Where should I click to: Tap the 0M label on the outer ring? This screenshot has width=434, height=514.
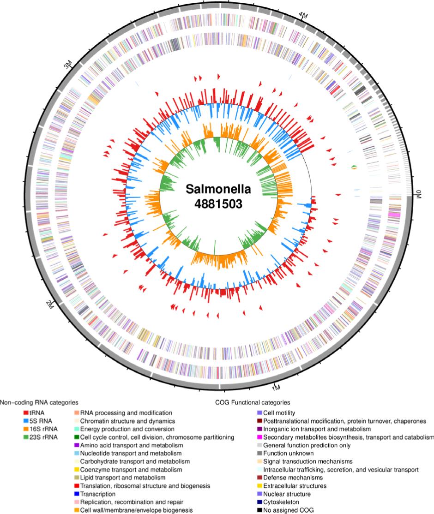[419, 195]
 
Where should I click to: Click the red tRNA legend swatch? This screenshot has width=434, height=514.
[27, 412]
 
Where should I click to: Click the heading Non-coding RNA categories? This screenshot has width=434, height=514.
[39, 402]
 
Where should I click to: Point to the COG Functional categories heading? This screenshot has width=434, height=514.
[252, 402]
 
